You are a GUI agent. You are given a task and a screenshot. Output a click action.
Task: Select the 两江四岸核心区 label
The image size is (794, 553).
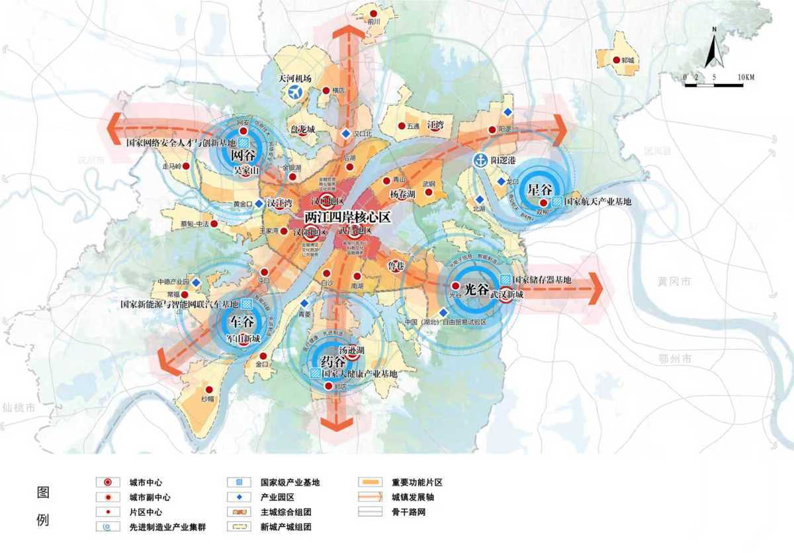click(348, 216)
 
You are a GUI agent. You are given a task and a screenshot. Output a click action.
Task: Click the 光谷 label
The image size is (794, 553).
click(476, 289)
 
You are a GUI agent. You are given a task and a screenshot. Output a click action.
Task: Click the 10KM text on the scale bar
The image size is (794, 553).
click(744, 77)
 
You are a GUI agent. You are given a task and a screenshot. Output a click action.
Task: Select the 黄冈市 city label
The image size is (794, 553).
click(675, 282)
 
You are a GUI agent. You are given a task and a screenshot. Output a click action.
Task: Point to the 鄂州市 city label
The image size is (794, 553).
click(676, 359)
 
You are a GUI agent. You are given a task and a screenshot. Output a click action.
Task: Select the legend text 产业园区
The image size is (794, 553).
click(277, 497)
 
